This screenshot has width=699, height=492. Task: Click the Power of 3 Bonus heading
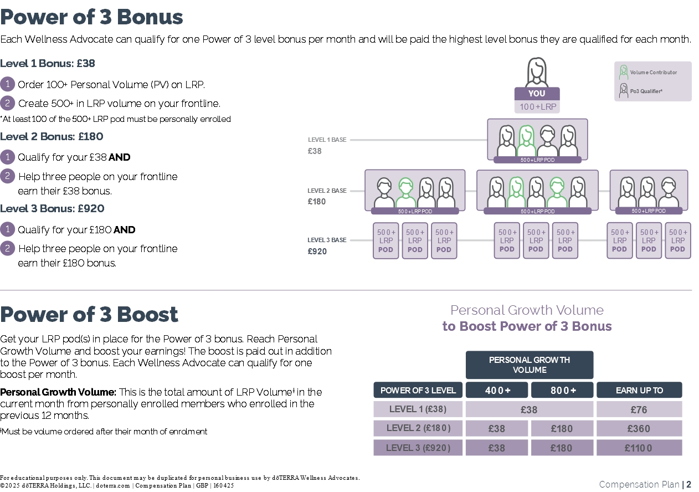click(x=91, y=17)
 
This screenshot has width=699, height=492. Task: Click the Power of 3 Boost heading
click(x=89, y=314)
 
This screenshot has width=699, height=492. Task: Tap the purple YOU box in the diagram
click(x=537, y=94)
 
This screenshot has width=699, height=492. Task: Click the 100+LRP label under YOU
click(x=537, y=106)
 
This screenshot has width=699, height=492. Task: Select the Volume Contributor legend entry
click(x=652, y=73)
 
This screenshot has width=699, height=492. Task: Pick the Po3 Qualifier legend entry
click(x=645, y=91)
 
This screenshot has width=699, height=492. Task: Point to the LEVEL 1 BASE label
click(x=327, y=140)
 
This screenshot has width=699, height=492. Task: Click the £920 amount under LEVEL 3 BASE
click(x=317, y=251)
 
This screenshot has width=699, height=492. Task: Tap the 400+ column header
click(x=497, y=390)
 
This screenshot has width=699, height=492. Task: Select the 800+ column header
click(x=562, y=390)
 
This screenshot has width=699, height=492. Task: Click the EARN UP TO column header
click(x=639, y=390)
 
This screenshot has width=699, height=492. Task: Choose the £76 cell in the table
click(x=639, y=409)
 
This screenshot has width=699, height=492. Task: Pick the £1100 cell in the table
click(x=639, y=448)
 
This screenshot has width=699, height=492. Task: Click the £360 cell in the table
click(x=639, y=428)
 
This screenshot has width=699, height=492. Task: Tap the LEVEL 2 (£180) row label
click(x=418, y=428)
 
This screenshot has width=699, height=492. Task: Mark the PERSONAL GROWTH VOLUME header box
click(x=530, y=365)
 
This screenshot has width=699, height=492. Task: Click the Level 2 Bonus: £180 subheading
click(x=52, y=136)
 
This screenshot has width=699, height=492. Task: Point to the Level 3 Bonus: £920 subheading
click(x=52, y=208)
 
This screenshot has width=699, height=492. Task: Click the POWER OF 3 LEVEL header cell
click(x=418, y=390)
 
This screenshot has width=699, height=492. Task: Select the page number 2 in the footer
click(x=688, y=484)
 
